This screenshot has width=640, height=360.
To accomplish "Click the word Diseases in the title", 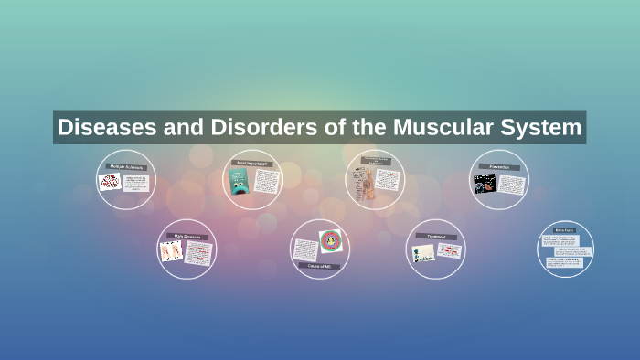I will click(x=101, y=127).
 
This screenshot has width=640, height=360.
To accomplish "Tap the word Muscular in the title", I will click(x=439, y=127).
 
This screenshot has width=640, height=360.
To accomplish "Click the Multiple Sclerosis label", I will click(x=125, y=166).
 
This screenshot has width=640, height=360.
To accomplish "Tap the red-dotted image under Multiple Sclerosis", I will click(x=111, y=182).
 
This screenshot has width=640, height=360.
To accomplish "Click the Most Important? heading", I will click(x=253, y=164).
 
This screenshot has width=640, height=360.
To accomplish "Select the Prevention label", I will click(x=498, y=168).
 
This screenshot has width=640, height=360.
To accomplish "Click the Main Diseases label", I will click(x=187, y=237).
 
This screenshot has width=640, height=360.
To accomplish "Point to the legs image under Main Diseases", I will click(x=171, y=251).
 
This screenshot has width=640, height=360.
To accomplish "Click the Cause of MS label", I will click(x=319, y=265).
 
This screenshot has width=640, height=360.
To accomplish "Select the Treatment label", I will click(x=435, y=236).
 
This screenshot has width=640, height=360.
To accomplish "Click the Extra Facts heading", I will click(x=565, y=230).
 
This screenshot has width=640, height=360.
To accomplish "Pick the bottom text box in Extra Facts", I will click(x=565, y=264).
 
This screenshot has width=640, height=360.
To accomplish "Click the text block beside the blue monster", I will click(x=265, y=182).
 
